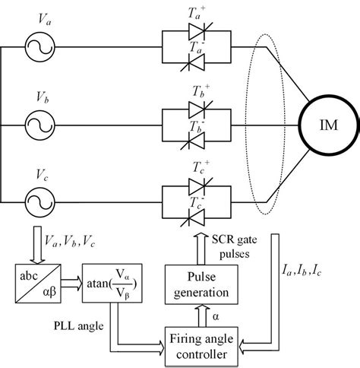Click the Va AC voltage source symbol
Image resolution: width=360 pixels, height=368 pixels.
40,47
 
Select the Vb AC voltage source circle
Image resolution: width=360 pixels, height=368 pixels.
40,125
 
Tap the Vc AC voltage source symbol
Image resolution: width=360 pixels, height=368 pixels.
40,202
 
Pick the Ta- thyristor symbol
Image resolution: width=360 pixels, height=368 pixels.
194,62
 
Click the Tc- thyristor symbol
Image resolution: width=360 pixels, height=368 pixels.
194,217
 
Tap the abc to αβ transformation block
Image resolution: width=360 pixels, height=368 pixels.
38,284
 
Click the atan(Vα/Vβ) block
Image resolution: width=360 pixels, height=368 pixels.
112,283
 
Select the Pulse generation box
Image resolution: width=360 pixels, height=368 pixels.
201,284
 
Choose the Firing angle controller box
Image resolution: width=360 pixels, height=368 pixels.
201,347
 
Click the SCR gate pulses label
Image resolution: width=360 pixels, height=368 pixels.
235,246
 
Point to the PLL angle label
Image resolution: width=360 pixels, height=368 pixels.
79,325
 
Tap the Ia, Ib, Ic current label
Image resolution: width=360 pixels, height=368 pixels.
302,271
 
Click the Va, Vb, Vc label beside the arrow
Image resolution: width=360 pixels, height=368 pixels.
70,241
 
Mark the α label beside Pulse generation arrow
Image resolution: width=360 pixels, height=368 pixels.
216,316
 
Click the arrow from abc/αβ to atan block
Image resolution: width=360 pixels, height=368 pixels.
71,283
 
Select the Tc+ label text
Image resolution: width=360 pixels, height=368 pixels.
201,167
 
